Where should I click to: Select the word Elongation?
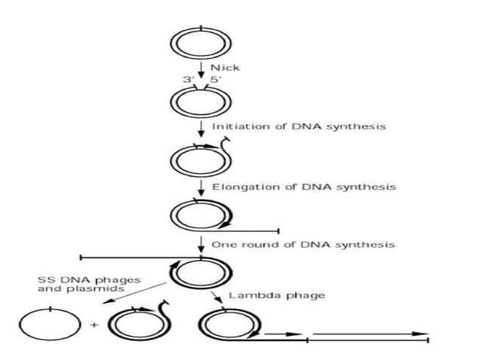(240, 186)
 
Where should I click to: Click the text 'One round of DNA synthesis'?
(303, 245)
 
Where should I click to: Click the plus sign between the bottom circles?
(94, 325)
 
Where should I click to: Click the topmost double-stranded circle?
(200, 42)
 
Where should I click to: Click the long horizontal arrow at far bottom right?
(369, 333)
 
